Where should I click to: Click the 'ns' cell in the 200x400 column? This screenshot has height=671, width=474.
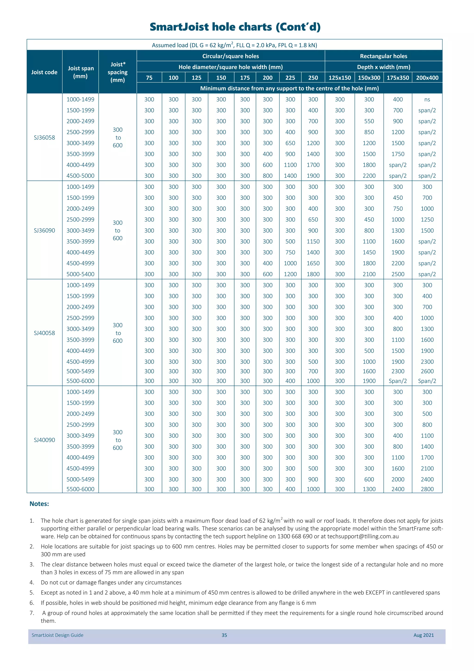(x=427, y=100)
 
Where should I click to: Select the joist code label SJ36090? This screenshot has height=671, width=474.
(x=44, y=230)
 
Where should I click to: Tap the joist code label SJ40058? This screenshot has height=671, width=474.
(x=44, y=333)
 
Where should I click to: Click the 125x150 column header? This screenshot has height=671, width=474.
(x=340, y=78)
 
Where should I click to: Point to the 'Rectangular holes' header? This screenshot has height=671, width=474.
(x=384, y=56)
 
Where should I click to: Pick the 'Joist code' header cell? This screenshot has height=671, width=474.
(x=44, y=72)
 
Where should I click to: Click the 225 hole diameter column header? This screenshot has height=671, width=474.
(x=290, y=78)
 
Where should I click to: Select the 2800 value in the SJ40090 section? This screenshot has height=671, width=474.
(x=427, y=489)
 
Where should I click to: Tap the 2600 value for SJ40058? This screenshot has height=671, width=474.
(x=427, y=371)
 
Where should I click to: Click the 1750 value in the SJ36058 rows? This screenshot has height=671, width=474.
(x=398, y=154)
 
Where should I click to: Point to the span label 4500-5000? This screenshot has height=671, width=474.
(x=80, y=176)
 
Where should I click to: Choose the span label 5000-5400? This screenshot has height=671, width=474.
(x=80, y=274)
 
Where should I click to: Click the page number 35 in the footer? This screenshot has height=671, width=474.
(x=224, y=635)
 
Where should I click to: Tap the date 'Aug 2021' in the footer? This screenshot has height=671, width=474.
(x=424, y=635)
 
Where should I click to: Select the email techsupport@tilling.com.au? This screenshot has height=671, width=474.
(x=363, y=536)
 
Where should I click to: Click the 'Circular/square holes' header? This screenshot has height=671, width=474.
(x=231, y=56)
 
